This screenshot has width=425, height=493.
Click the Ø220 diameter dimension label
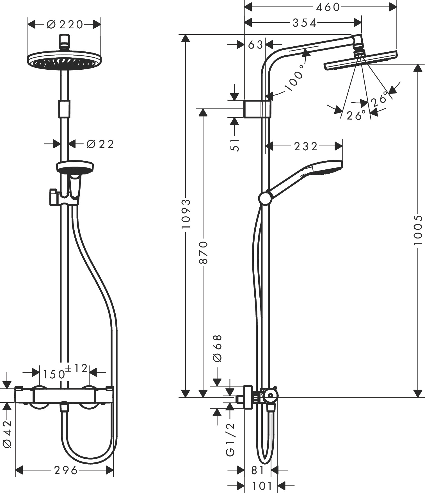tap(65, 25)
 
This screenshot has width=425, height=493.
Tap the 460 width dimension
tap(328, 7)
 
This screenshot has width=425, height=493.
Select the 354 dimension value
tap(305, 23)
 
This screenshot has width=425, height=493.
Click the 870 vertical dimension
tap(203, 252)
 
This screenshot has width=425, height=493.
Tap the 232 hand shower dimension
tap(306, 146)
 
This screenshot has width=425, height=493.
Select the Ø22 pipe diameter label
tap(100, 144)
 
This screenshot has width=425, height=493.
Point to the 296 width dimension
tap(66, 470)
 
